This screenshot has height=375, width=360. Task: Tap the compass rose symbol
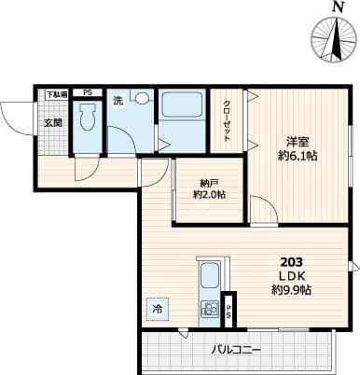335,42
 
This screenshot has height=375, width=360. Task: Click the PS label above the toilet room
88,93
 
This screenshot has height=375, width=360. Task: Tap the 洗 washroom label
118,100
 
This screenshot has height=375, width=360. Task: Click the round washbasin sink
142,97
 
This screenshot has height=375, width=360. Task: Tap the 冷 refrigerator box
156,309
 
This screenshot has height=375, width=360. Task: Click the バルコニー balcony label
236,350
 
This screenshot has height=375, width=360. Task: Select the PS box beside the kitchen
228,312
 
